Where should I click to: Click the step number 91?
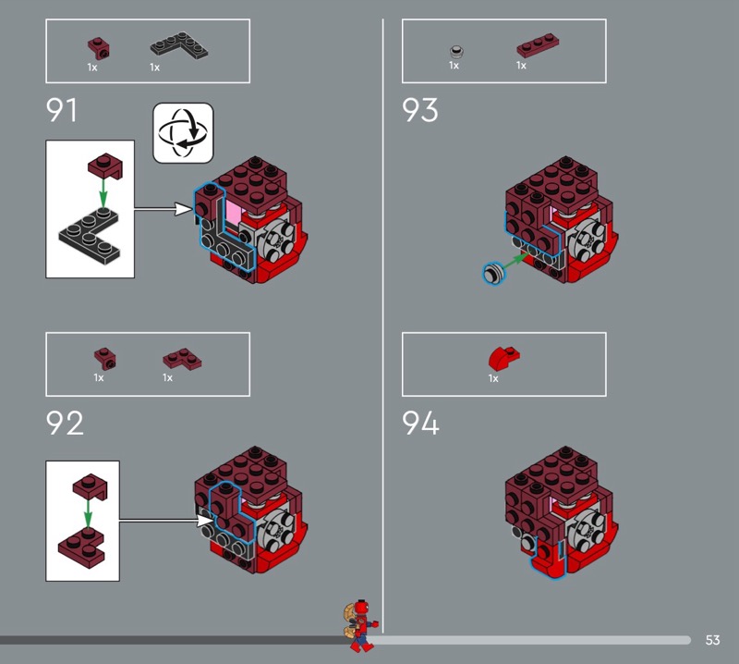point(61,110)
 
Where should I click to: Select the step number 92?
point(65,423)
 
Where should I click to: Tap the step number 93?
point(420,110)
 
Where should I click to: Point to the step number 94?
point(420,423)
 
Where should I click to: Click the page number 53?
point(712,640)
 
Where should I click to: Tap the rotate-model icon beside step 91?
point(183,133)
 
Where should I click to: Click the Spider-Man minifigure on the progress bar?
point(360,626)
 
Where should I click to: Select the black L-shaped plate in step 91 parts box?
point(179,45)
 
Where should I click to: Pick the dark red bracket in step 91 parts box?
point(99,47)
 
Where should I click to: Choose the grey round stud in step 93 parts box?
point(456,51)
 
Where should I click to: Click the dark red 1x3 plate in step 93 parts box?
point(538,44)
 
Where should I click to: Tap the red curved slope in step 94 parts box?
point(503,358)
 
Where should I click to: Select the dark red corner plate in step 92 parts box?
point(182,360)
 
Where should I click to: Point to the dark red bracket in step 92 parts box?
point(104,359)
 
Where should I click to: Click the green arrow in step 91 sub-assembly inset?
point(103,192)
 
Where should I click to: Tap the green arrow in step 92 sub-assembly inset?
point(88,513)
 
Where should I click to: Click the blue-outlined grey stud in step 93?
point(494,273)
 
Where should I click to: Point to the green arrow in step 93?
point(515,262)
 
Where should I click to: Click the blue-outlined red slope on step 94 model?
point(546,562)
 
